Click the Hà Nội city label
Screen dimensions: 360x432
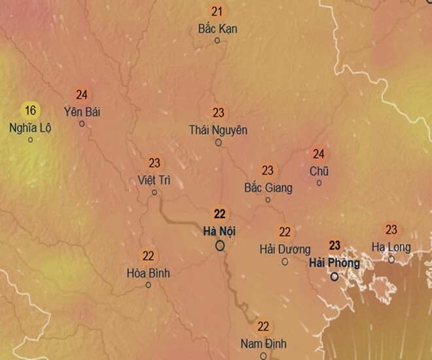(219, 231)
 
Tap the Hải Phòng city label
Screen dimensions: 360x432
(334, 262)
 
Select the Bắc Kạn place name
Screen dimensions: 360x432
(217, 29)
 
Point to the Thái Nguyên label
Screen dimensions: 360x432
(218, 130)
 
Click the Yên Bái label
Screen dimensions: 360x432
(82, 111)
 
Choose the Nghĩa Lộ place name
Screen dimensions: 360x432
(30, 127)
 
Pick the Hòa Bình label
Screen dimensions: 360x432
(148, 273)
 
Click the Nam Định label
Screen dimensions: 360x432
(263, 344)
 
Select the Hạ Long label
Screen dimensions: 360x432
(391, 247)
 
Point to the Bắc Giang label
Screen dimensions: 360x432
(268, 188)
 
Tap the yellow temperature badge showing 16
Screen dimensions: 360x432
(30, 110)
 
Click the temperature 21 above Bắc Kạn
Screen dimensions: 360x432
(217, 12)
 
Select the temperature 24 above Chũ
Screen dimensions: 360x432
(319, 154)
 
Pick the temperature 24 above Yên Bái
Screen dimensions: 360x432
(82, 95)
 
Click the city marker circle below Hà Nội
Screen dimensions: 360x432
(220, 245)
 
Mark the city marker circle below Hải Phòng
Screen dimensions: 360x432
(334, 276)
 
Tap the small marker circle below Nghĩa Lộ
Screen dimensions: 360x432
(30, 139)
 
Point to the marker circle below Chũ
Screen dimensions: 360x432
(319, 183)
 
